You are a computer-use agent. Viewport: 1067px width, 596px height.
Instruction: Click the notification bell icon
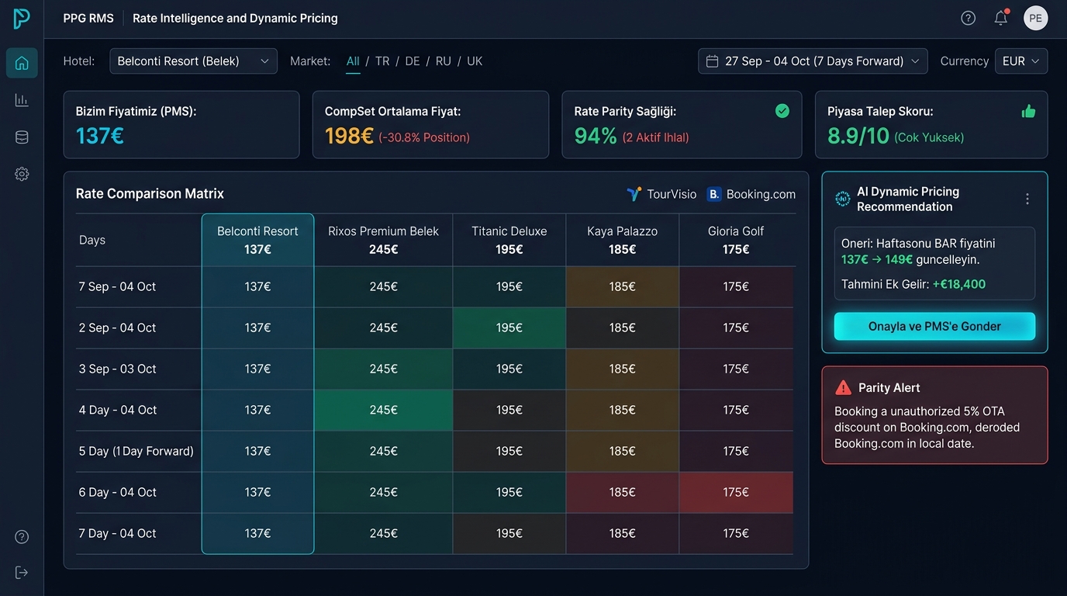tap(1001, 18)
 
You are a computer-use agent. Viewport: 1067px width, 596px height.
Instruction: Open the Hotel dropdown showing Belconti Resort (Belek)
tap(193, 61)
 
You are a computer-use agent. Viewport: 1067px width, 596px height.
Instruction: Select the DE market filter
tap(412, 61)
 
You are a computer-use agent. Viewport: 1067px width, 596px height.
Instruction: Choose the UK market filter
tap(475, 61)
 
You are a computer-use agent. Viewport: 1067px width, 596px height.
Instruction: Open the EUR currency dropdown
tap(1020, 61)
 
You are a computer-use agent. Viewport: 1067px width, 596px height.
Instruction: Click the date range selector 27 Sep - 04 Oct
tap(813, 61)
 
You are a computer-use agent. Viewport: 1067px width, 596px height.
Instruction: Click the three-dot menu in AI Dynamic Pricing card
tap(1027, 199)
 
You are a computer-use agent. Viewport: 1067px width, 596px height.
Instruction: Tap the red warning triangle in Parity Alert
tap(843, 388)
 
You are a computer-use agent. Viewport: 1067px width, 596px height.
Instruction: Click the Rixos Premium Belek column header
tap(383, 240)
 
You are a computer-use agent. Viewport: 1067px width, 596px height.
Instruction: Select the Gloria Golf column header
tap(735, 240)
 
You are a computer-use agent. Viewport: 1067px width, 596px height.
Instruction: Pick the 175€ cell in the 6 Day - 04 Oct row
tap(736, 492)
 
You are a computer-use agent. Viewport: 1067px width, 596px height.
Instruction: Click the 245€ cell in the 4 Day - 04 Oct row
tap(383, 410)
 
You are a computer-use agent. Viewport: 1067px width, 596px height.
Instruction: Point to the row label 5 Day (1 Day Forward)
tap(136, 451)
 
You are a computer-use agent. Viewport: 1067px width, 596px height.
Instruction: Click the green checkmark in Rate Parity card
tap(782, 111)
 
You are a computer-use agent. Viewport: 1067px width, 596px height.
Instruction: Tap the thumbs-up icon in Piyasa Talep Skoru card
tap(1028, 112)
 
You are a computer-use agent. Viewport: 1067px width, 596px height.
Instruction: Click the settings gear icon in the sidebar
tap(22, 174)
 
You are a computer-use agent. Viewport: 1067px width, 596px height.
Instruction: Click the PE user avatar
tap(1035, 18)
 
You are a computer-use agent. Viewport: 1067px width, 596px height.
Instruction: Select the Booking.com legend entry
tap(751, 194)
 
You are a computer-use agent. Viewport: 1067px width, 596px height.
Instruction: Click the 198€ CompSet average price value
tap(349, 137)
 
